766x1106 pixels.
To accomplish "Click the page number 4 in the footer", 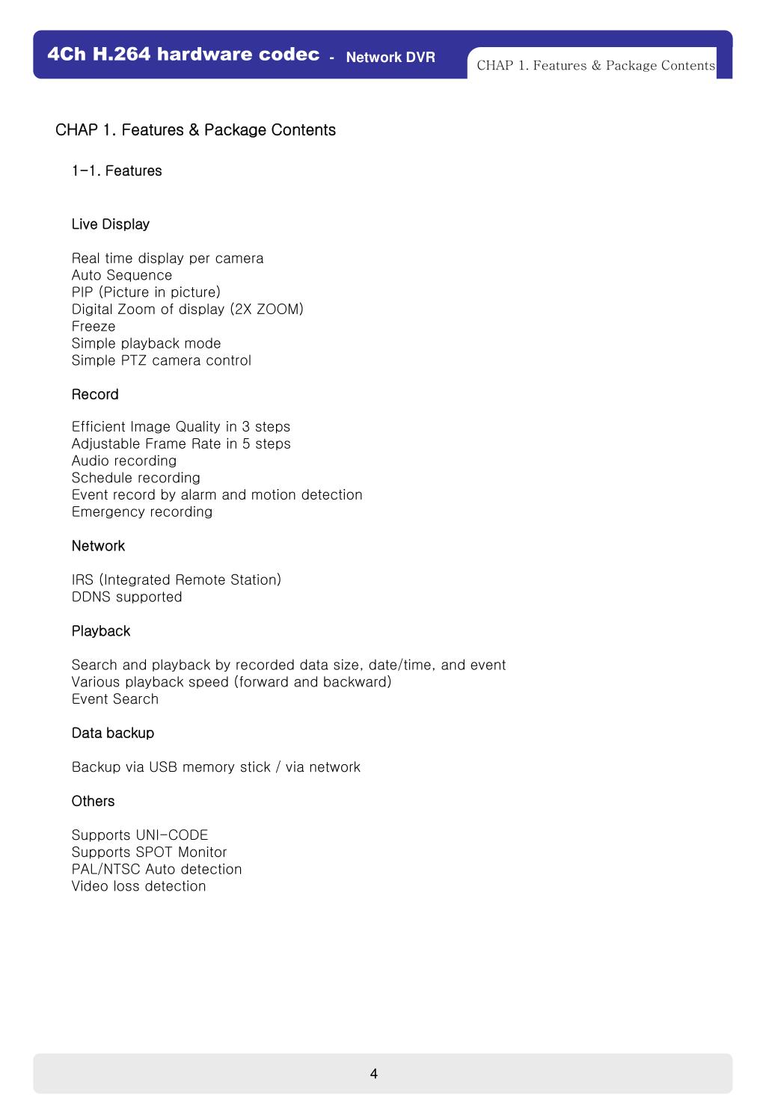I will [373, 1074].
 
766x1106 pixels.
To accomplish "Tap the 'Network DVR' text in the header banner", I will [390, 58].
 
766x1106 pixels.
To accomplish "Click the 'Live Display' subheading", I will [111, 224].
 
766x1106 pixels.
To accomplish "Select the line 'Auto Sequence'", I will [122, 275].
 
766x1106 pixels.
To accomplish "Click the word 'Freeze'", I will [94, 326].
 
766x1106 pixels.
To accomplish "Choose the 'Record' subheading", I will [95, 394].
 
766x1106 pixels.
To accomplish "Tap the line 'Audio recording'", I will [124, 461].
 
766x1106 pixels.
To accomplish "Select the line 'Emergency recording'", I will [142, 511].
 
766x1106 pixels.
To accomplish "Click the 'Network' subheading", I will [98, 546].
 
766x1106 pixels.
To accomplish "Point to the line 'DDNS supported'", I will [127, 597].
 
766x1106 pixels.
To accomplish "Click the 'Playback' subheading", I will [101, 631].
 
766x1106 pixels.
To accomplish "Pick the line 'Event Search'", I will [115, 699].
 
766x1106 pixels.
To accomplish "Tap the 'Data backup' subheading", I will [113, 733].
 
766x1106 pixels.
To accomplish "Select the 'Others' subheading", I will [93, 801].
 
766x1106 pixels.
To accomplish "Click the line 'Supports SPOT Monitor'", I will [149, 852].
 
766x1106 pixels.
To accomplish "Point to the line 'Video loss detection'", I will [138, 886].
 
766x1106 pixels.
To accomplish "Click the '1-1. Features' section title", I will [117, 170].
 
